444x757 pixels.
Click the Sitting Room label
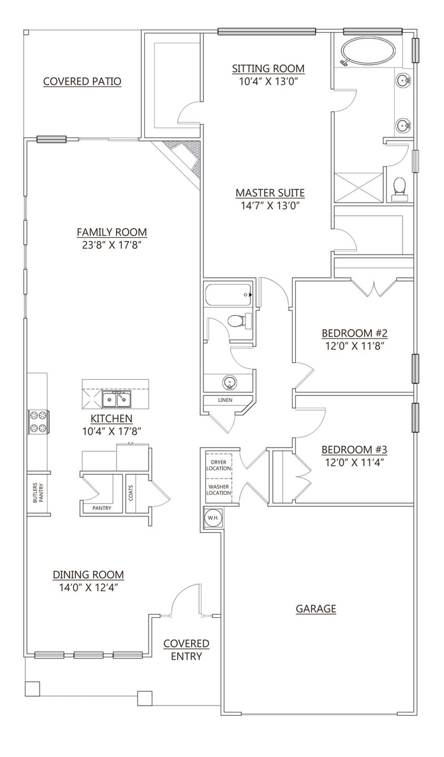coord(268,68)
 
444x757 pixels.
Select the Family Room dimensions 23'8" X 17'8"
coord(111,245)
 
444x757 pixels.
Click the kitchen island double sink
coord(117,400)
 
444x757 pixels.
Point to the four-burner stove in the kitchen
coord(38,421)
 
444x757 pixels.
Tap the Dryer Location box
coord(219,465)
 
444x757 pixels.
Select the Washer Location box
coord(219,490)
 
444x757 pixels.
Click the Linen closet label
coord(225,400)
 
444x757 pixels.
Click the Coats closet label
coord(131,493)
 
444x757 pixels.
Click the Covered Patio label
coord(82,81)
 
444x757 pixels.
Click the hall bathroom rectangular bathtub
coord(228,295)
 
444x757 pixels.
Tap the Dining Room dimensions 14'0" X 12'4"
coord(88,588)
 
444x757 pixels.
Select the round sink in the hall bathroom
coord(229,383)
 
